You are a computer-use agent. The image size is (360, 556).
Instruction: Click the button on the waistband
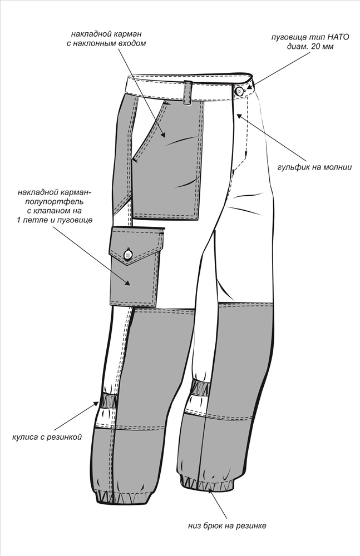[x=239, y=91]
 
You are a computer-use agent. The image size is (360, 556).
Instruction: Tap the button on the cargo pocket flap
[x=128, y=254]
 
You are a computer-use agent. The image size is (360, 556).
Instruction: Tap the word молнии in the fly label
[x=338, y=167]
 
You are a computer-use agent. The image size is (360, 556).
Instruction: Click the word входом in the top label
[x=132, y=44]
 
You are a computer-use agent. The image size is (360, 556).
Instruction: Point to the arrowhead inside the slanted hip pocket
[x=163, y=133]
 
